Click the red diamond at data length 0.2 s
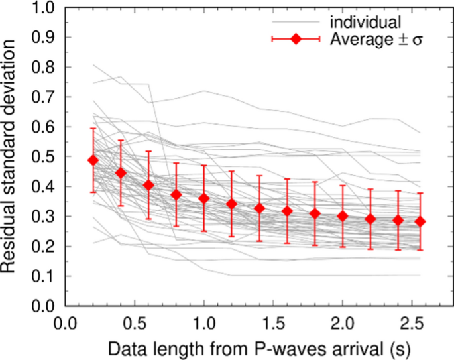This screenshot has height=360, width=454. [93, 160]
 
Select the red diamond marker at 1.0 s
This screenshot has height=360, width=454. [203, 198]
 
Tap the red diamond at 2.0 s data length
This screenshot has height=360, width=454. [343, 216]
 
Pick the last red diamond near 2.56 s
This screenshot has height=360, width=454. [420, 221]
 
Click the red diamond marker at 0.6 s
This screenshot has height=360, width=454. [148, 185]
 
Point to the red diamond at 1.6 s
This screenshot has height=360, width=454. [287, 211]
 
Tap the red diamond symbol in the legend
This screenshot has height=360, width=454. [296, 40]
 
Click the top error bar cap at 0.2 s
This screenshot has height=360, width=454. [93, 129]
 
